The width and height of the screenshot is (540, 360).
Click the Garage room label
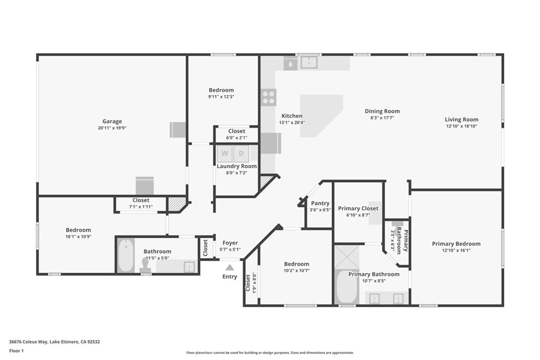(112, 121)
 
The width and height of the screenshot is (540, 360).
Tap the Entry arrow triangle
(230, 267)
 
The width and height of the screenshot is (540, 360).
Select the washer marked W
(225, 153)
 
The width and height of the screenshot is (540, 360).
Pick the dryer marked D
(241, 153)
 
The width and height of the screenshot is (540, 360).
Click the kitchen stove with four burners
(268, 97)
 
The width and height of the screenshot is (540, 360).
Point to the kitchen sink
(309, 63)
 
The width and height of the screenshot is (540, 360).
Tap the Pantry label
(320, 203)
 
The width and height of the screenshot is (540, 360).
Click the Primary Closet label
(358, 208)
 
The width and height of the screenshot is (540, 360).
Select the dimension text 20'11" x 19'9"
(112, 128)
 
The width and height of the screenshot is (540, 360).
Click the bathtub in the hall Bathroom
(126, 256)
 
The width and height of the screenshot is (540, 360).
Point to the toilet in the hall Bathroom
(146, 265)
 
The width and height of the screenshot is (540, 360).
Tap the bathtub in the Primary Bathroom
(347, 287)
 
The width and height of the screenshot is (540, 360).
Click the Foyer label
(230, 243)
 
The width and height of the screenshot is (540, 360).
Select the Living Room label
(461, 120)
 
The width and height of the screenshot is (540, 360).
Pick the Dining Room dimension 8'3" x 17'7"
(382, 118)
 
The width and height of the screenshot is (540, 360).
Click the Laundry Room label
(237, 166)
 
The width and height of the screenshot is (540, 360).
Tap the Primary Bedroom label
(456, 244)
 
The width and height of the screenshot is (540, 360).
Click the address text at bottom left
(54, 342)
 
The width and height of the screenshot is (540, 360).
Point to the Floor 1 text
(16, 351)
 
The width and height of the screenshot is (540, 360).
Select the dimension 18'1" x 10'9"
(79, 237)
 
